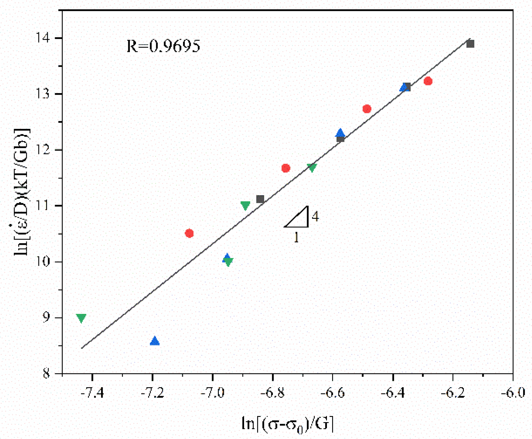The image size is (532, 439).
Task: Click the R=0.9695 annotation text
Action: (163, 46)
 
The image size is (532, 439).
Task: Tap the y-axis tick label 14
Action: (43, 38)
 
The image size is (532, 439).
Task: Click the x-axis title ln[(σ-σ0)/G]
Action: (288, 424)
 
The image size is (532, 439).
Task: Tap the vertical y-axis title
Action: (22, 192)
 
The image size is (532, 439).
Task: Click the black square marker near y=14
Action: (470, 44)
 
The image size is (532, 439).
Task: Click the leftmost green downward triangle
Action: (81, 318)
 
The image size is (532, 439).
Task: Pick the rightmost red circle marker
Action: (428, 81)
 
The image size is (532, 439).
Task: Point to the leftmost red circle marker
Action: (189, 233)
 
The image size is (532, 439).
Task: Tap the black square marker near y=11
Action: (260, 199)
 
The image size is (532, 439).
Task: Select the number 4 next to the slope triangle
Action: (315, 217)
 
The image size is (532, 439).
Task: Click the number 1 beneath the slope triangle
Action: (296, 237)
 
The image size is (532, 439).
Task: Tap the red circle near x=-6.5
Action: (367, 109)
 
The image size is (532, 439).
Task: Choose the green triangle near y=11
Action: (245, 206)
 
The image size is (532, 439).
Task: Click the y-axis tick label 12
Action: (43, 150)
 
